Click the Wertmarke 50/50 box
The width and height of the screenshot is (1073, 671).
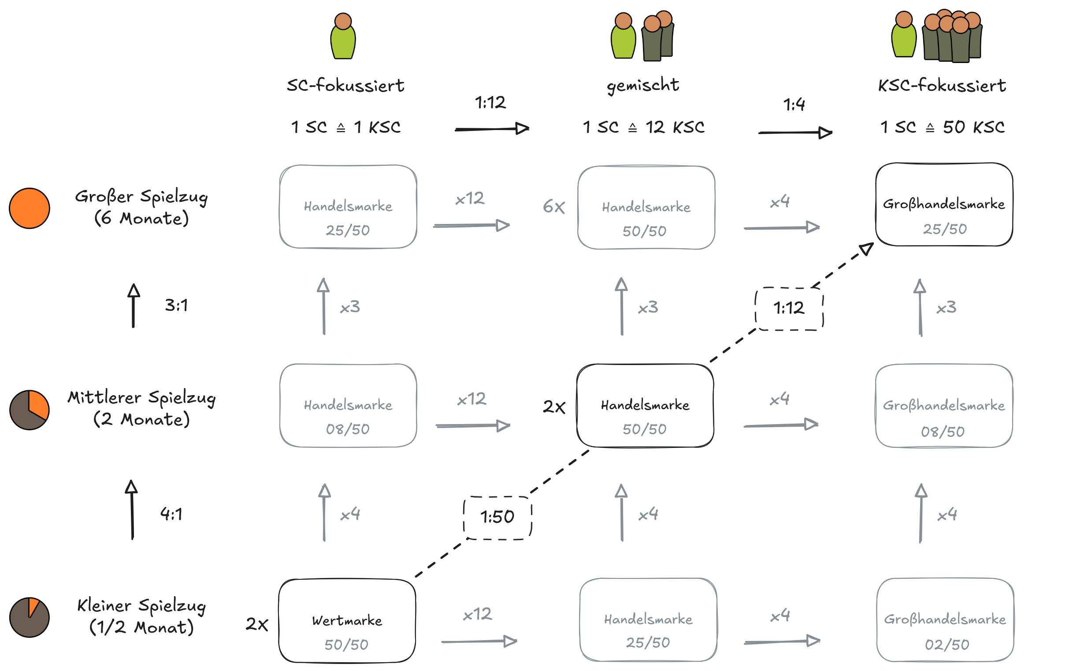coord(347,620)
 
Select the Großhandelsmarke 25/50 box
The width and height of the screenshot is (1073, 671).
coord(943,205)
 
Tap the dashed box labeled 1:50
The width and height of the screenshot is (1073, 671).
coord(497,518)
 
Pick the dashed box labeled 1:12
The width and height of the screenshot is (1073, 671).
coord(789,309)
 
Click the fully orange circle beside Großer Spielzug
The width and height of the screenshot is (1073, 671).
coord(29,208)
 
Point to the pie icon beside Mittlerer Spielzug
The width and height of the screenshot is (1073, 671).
coord(29,410)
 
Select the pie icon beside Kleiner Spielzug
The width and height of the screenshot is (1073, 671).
coord(29,617)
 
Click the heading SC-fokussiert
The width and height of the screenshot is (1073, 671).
coord(345,85)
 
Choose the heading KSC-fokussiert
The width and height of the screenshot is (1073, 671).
coord(942,85)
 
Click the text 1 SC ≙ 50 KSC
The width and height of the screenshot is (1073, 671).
coord(942,127)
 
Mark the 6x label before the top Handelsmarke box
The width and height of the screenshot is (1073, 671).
coord(553,206)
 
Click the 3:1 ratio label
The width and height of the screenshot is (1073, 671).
coord(176,306)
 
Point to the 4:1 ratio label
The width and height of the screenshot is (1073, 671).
coord(171,514)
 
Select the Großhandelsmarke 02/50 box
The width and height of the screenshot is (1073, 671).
coord(945,619)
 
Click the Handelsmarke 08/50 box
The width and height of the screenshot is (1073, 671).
coord(348,405)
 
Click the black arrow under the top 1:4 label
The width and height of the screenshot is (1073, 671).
coord(795,132)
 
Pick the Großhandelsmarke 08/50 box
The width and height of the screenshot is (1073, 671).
coord(943,406)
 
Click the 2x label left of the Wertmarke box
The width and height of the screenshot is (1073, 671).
coord(257,624)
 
